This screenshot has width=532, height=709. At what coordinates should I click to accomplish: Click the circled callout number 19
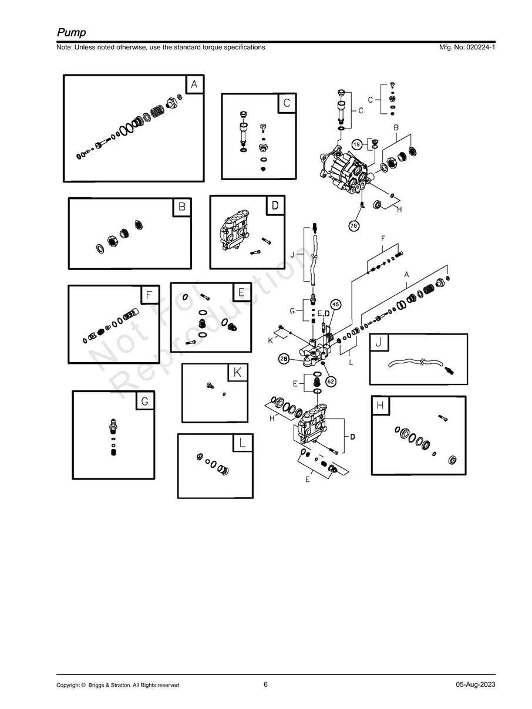[356, 144]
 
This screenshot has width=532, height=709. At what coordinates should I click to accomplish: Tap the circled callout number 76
[353, 225]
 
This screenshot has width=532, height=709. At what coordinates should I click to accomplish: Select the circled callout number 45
[336, 304]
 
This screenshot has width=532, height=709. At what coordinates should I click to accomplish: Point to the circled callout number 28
[284, 359]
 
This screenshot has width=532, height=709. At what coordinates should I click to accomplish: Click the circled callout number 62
[331, 381]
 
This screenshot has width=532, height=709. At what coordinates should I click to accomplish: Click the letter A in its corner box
[194, 85]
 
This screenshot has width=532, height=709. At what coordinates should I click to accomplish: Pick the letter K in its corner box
[237, 372]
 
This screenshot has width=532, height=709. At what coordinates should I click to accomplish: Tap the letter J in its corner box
[379, 342]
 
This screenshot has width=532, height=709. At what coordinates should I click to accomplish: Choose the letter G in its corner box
[144, 401]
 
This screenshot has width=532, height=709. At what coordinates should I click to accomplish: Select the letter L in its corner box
[243, 443]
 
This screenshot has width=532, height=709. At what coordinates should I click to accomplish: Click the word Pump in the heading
[72, 32]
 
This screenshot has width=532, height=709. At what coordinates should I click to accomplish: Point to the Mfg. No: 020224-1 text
[467, 47]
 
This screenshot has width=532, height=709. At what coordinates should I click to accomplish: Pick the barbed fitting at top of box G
[113, 426]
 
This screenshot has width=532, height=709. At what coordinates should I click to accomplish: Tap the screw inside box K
[210, 386]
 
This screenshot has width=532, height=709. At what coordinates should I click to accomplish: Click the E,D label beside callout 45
[324, 313]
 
